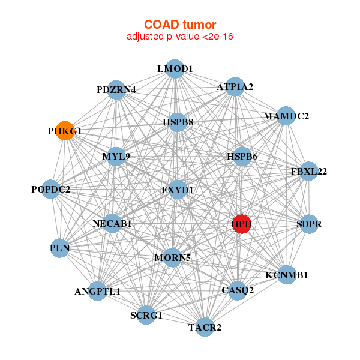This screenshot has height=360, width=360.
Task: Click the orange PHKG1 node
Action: [65, 130]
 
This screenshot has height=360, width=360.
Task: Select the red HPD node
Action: [241, 224]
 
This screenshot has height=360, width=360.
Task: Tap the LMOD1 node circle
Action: [174, 69]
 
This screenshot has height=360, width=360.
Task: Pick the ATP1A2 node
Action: [235, 87]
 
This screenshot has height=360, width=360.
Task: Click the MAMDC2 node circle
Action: [286, 116]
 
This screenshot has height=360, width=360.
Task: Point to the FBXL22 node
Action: [308, 172]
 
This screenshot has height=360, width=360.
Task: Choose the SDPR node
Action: [309, 224]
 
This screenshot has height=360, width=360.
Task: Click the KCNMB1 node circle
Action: [287, 275]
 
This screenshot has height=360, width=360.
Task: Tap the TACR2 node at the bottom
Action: [205, 327]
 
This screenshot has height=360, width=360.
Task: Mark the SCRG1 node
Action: [146, 314]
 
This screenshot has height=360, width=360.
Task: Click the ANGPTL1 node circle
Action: [98, 292]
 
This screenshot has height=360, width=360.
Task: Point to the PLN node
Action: [60, 248]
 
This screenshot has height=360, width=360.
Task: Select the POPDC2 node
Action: [51, 190]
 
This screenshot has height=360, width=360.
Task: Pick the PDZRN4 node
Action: [116, 90]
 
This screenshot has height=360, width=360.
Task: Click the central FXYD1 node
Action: [178, 190]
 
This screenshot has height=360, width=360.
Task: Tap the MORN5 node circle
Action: [172, 258]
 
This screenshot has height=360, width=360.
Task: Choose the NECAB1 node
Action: [112, 224]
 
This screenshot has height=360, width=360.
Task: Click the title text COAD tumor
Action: [179, 25]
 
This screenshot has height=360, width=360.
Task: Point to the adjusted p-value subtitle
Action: [179, 37]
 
